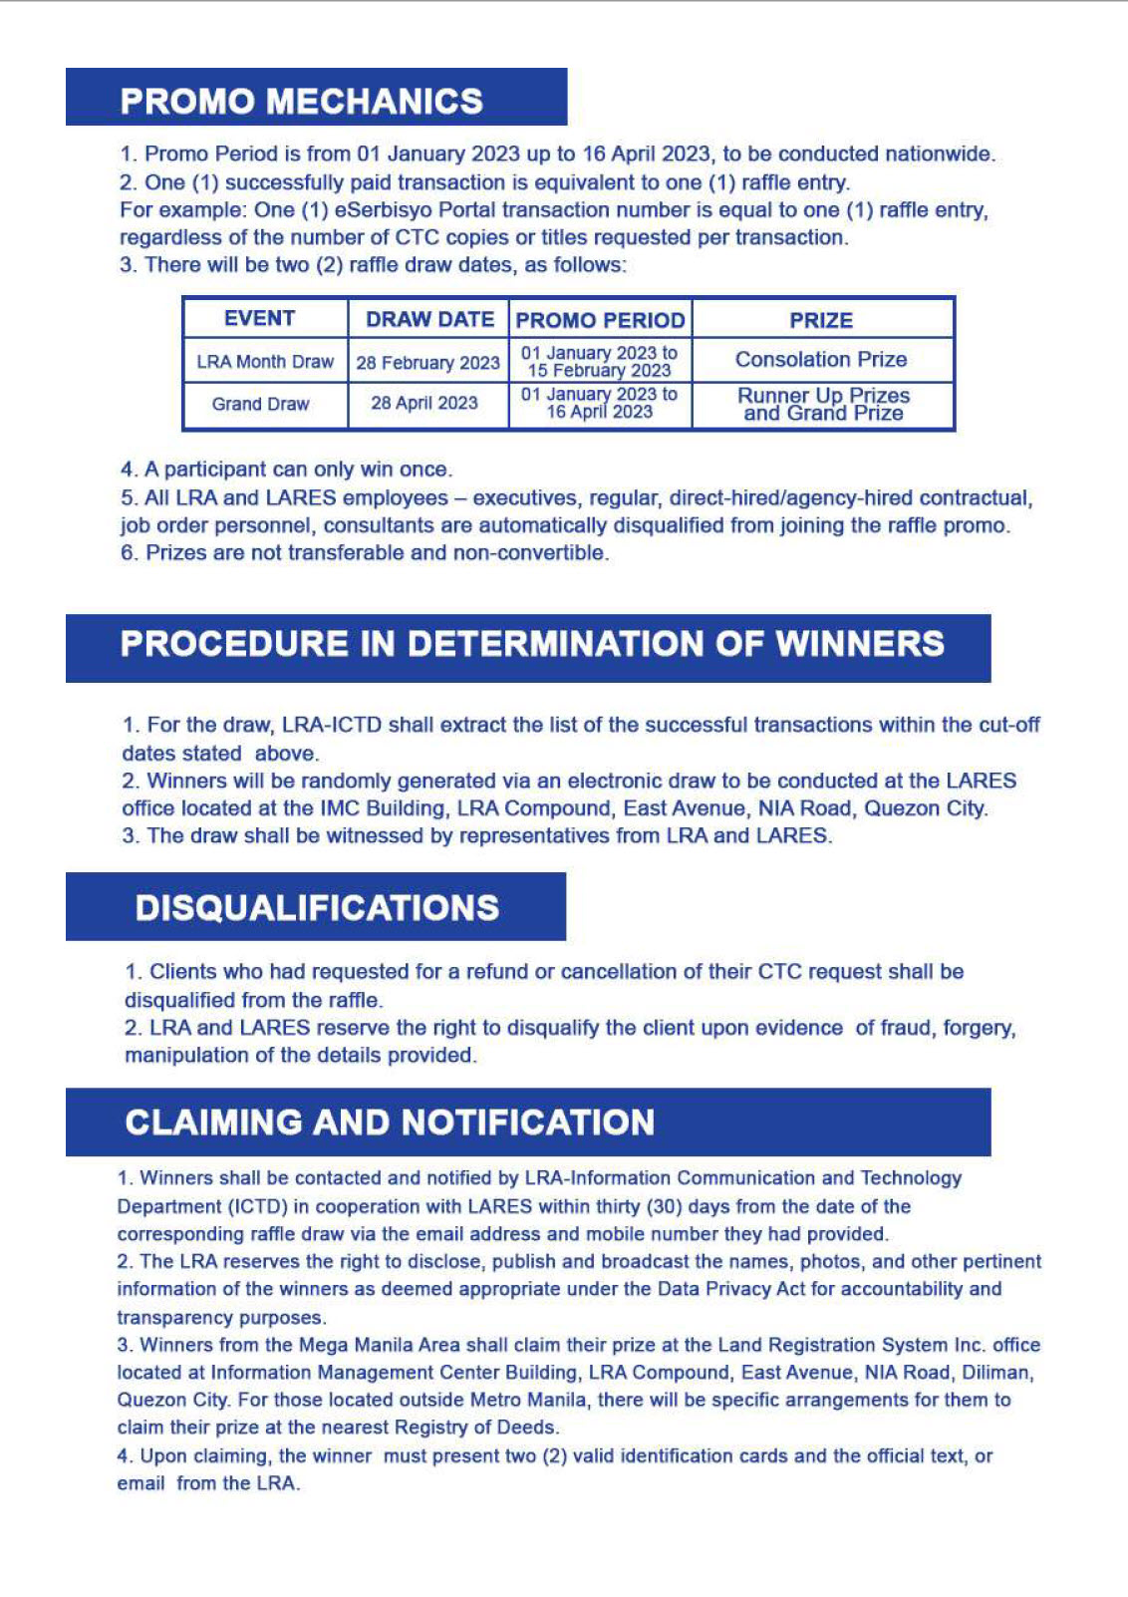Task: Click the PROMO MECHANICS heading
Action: (301, 101)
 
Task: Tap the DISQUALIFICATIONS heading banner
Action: (317, 907)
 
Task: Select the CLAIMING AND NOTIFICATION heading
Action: (390, 1122)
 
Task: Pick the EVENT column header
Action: (259, 318)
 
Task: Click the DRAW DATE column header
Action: (429, 319)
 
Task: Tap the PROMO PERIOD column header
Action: (600, 320)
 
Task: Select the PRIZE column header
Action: (821, 320)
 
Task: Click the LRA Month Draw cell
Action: (265, 362)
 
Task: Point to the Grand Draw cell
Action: (260, 404)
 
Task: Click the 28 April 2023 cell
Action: (424, 403)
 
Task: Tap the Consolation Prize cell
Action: (821, 359)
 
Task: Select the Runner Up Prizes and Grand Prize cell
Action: (823, 405)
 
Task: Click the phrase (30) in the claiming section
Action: (664, 1206)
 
